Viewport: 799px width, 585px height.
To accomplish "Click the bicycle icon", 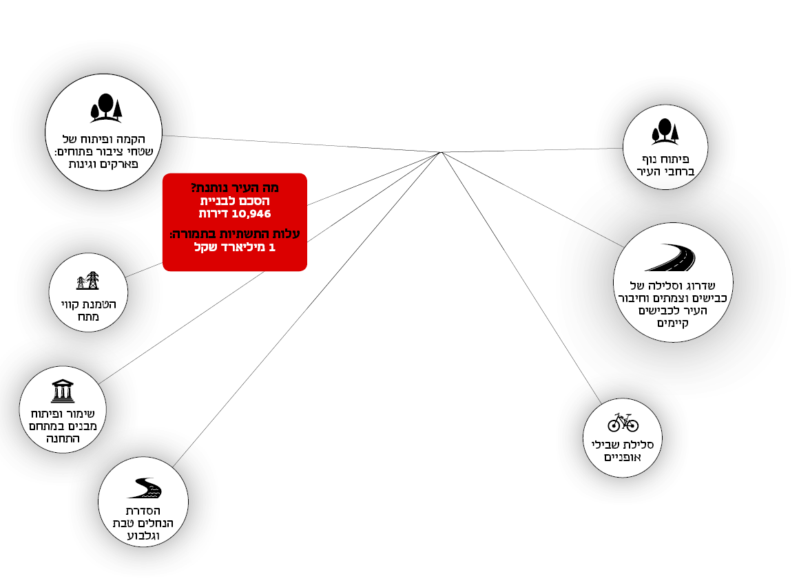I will [623, 422].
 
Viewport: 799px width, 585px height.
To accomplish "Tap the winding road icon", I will [670, 258].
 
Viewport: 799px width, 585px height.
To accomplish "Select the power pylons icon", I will [87, 281].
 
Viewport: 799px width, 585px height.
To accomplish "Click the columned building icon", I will [63, 391].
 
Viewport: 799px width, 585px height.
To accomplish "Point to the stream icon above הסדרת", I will [144, 488].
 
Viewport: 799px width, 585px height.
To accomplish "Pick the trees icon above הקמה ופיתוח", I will [106, 108].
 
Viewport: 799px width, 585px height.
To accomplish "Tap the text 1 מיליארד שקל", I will [234, 247].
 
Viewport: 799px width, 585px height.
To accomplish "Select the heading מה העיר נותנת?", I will [235, 187].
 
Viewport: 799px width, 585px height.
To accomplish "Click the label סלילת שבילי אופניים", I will [623, 450].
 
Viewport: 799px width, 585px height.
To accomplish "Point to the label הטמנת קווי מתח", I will [87, 310].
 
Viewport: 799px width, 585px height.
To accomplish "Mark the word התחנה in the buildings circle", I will [63, 438].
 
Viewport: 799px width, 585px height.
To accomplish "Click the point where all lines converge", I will [441, 152].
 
